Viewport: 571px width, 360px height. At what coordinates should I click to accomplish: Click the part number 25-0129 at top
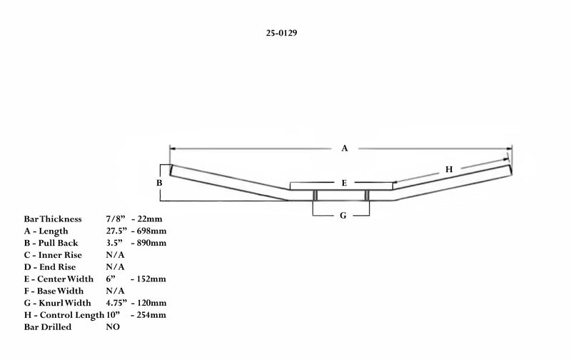point(281,33)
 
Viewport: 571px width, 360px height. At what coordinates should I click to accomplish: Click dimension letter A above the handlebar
point(345,149)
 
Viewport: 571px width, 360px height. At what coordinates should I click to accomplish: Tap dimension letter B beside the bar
point(159,183)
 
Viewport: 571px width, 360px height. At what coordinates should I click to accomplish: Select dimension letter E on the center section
point(344,183)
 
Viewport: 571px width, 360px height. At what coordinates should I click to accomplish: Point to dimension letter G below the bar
point(343,215)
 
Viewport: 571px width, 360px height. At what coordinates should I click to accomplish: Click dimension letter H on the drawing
point(449,169)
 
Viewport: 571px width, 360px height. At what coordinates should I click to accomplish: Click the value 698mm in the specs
point(151,231)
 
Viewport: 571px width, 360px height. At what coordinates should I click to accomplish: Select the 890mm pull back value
point(151,243)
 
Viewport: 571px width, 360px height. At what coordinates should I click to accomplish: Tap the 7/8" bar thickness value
point(116,219)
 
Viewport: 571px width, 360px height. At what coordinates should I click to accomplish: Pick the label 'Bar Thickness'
point(53,219)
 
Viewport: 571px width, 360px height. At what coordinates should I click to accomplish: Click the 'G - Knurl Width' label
point(58,303)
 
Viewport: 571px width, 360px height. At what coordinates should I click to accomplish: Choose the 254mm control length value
point(151,315)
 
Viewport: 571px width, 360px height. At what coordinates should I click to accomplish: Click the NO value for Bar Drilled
point(113,327)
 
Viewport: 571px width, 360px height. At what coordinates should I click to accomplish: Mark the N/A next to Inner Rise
point(115,255)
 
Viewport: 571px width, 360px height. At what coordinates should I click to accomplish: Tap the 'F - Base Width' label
point(54,291)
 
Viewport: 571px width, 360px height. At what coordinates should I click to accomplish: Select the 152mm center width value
point(151,279)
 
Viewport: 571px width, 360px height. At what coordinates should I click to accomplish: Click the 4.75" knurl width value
point(116,303)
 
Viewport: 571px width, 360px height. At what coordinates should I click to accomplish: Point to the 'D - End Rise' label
point(50,266)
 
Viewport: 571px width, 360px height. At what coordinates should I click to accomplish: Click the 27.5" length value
point(116,231)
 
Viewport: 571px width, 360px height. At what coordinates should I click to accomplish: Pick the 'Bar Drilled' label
point(48,327)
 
